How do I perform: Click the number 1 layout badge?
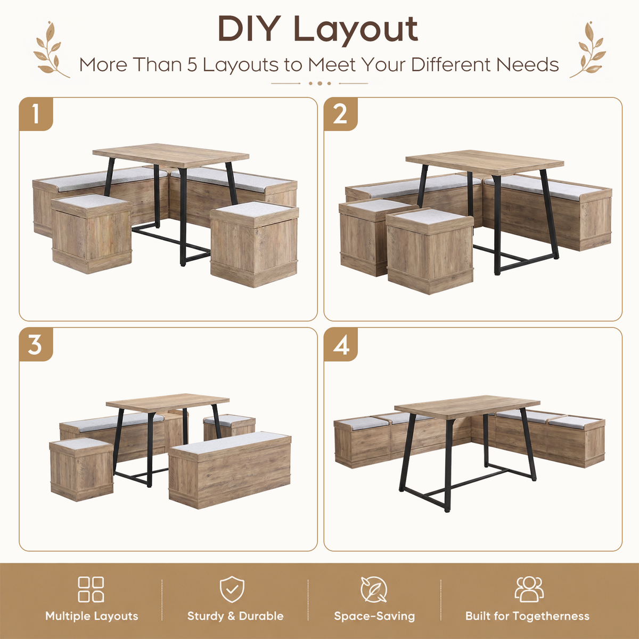coord(36,114)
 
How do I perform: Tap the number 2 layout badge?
coord(341,114)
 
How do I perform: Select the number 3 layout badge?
coord(36,345)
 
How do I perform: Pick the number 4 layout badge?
coord(341,345)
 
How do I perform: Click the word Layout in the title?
coord(356,30)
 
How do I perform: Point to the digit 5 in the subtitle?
coord(192,64)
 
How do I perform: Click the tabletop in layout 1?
coord(171,155)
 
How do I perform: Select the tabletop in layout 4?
coord(467,407)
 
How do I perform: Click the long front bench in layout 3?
coord(230,470)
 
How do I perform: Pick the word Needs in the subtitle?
coord(527,64)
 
